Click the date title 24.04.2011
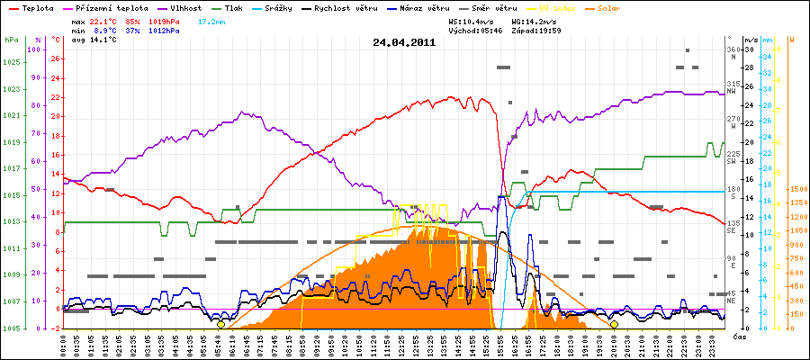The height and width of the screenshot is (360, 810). click(x=404, y=42)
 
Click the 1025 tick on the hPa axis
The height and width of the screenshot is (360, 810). click(x=11, y=62)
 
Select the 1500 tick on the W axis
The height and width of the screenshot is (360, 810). click(x=797, y=190)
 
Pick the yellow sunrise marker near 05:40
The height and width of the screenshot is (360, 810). click(x=220, y=324)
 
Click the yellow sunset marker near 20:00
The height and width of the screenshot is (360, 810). click(x=614, y=324)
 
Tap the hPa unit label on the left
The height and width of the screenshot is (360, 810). click(x=11, y=40)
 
